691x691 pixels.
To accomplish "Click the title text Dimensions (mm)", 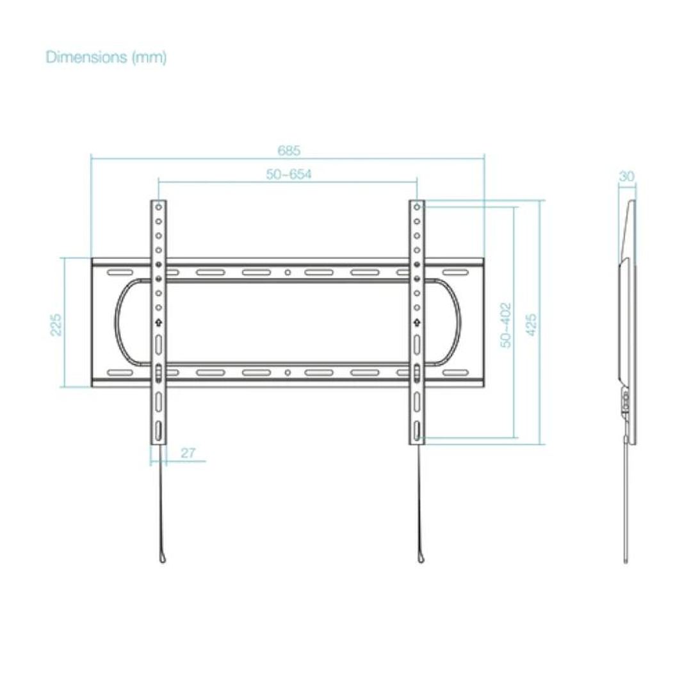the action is click(106, 57).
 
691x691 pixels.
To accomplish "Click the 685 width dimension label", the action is click(289, 150).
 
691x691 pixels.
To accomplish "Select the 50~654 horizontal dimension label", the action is click(289, 174).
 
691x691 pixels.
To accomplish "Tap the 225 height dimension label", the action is click(56, 325).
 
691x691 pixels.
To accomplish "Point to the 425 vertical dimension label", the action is click(532, 325).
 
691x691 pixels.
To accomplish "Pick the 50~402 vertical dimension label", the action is click(506, 325).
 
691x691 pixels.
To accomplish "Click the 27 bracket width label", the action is click(188, 453).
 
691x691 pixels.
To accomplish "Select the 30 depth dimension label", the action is click(627, 176).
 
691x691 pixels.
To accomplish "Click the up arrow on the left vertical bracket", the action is click(159, 323).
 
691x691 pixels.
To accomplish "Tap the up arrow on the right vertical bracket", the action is click(417, 323).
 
